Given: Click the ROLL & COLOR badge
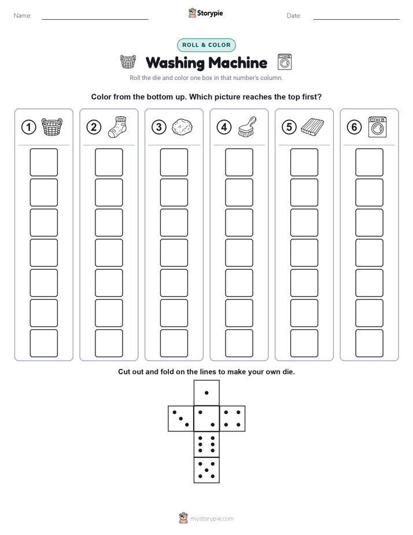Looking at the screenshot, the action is pyautogui.click(x=206, y=45).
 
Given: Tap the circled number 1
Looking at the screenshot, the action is pyautogui.click(x=28, y=127).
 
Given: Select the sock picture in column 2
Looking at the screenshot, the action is pyautogui.click(x=117, y=127).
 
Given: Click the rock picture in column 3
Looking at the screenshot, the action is pyautogui.click(x=182, y=127).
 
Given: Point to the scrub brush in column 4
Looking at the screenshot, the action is pyautogui.click(x=247, y=127).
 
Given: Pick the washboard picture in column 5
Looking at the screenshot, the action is pyautogui.click(x=312, y=127).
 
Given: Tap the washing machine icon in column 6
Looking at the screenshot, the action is pyautogui.click(x=378, y=127).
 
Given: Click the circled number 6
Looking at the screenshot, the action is pyautogui.click(x=354, y=127).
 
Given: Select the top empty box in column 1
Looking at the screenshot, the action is pyautogui.click(x=43, y=162).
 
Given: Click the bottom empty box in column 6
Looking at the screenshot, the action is pyautogui.click(x=369, y=343).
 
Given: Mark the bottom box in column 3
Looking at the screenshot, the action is pyautogui.click(x=174, y=343).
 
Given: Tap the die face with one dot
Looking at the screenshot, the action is pyautogui.click(x=207, y=393).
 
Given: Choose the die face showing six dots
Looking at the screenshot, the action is pyautogui.click(x=207, y=444).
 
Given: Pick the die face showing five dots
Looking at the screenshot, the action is pyautogui.click(x=207, y=470).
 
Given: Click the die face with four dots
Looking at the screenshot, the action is pyautogui.click(x=232, y=419).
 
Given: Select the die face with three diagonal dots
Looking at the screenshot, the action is pyautogui.click(x=181, y=419).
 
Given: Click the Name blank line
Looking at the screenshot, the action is pyautogui.click(x=95, y=19).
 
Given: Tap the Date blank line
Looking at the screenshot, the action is pyautogui.click(x=356, y=19).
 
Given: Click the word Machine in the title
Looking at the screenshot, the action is pyautogui.click(x=238, y=63).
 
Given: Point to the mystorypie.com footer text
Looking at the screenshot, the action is pyautogui.click(x=212, y=519).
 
